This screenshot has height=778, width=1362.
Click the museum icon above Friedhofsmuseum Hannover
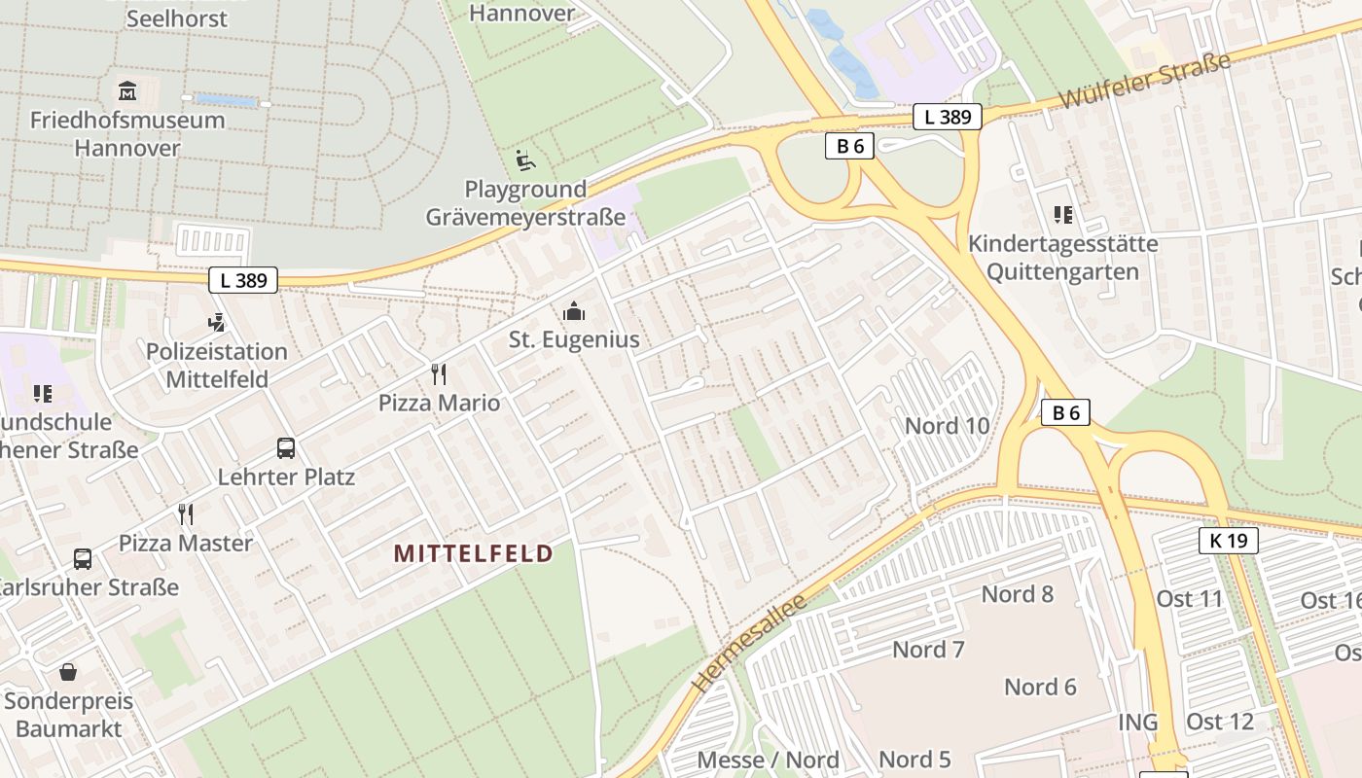point(126,92)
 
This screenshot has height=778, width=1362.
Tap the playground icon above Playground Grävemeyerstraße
point(525,159)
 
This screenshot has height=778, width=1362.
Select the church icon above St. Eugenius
point(574,311)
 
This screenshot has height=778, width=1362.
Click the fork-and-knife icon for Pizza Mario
point(439,373)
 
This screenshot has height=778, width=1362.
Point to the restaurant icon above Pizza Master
point(186,513)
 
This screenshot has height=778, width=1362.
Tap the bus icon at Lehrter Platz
point(286,448)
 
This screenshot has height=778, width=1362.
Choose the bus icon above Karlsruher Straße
point(83,559)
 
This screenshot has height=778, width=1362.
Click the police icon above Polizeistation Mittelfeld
point(217,322)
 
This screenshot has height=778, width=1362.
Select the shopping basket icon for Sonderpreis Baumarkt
point(68,672)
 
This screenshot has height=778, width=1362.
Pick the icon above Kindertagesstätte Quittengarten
point(1062,214)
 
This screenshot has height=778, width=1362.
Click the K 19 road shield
point(1228,541)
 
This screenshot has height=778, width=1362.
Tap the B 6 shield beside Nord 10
point(1066,412)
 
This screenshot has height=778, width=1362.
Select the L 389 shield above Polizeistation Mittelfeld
point(243,280)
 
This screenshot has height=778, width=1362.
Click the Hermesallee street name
point(749,643)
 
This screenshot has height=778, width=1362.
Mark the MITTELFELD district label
point(473,553)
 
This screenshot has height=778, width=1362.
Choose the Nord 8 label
point(1017,594)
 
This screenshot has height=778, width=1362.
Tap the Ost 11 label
point(1189,598)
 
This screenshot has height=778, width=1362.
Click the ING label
point(1137,722)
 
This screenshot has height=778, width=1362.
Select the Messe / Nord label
point(768,760)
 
